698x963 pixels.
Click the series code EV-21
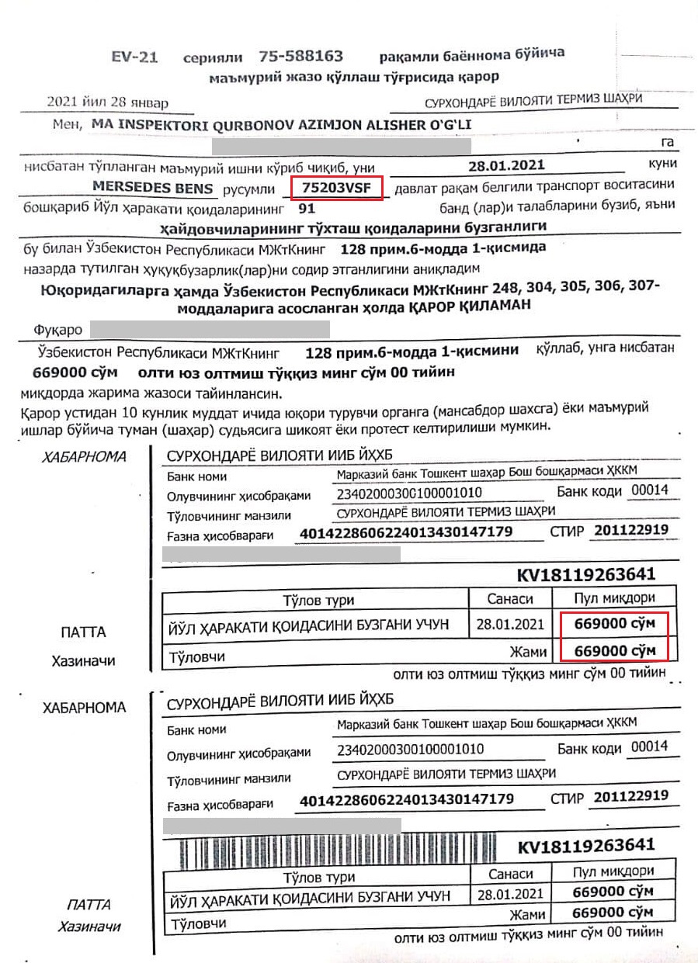pyautogui.click(x=135, y=57)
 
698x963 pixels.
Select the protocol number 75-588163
pyautogui.click(x=300, y=57)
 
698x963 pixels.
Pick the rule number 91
pyautogui.click(x=307, y=208)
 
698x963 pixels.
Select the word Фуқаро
pyautogui.click(x=58, y=329)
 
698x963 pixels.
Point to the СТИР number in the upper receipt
pyautogui.click(x=630, y=531)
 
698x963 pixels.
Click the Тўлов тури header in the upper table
pyautogui.click(x=318, y=600)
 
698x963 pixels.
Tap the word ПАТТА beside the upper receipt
pyautogui.click(x=83, y=632)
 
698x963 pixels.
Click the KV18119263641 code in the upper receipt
pyautogui.click(x=585, y=575)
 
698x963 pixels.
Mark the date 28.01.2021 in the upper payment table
pyautogui.click(x=510, y=624)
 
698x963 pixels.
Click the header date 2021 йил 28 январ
pyautogui.click(x=107, y=102)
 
